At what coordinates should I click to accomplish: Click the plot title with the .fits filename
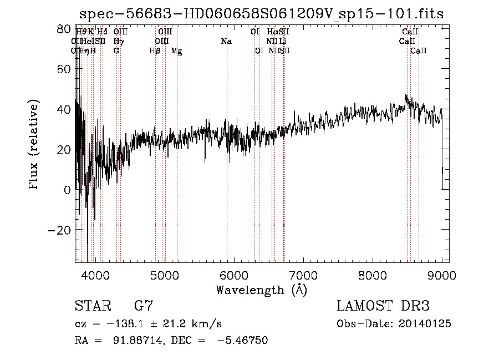pyautogui.click(x=261, y=14)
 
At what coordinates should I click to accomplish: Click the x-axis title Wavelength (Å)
pyautogui.click(x=261, y=289)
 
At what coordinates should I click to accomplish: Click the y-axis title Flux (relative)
pyautogui.click(x=34, y=144)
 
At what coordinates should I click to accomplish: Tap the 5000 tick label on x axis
pyautogui.click(x=164, y=275)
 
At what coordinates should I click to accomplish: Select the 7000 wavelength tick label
pyautogui.click(x=303, y=275)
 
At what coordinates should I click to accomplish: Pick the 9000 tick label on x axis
pyautogui.click(x=441, y=275)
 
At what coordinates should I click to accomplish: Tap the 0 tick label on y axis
pyautogui.click(x=67, y=190)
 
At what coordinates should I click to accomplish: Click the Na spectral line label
pyautogui.click(x=226, y=41)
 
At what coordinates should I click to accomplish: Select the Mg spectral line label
pyautogui.click(x=176, y=51)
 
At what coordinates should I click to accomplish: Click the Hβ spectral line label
pyautogui.click(x=155, y=50)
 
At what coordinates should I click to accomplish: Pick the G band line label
pyautogui.click(x=116, y=50)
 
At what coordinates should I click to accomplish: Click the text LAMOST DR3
pyautogui.click(x=383, y=306)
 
